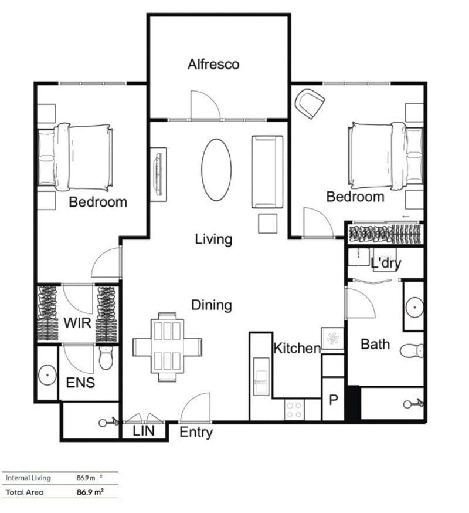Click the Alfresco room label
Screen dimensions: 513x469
pos(213,64)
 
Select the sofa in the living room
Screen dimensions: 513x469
pos(267,171)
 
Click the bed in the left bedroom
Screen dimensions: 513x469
pos(75,156)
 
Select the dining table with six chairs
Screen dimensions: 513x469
pos(168,346)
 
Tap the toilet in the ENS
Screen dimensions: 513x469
pos(106,357)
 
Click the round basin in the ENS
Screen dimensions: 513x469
pos(47,373)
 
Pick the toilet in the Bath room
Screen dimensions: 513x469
pos(413,351)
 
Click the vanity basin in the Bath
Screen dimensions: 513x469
pos(414,306)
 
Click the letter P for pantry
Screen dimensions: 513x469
pos(334,401)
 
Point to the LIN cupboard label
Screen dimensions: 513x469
pos(143,431)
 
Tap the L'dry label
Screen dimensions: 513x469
pos(386,263)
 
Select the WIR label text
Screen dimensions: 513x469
pos(77,322)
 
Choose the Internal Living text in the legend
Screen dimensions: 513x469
pos(28,478)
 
